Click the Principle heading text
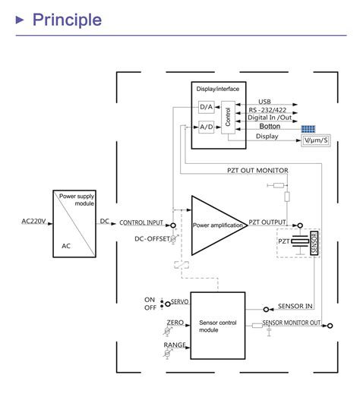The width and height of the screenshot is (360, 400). (67, 19)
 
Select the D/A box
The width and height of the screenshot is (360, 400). (206, 107)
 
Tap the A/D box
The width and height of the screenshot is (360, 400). (206, 127)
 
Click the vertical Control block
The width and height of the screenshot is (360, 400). (228, 117)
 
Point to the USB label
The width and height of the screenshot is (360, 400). (264, 102)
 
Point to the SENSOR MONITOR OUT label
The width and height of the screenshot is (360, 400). (292, 323)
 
